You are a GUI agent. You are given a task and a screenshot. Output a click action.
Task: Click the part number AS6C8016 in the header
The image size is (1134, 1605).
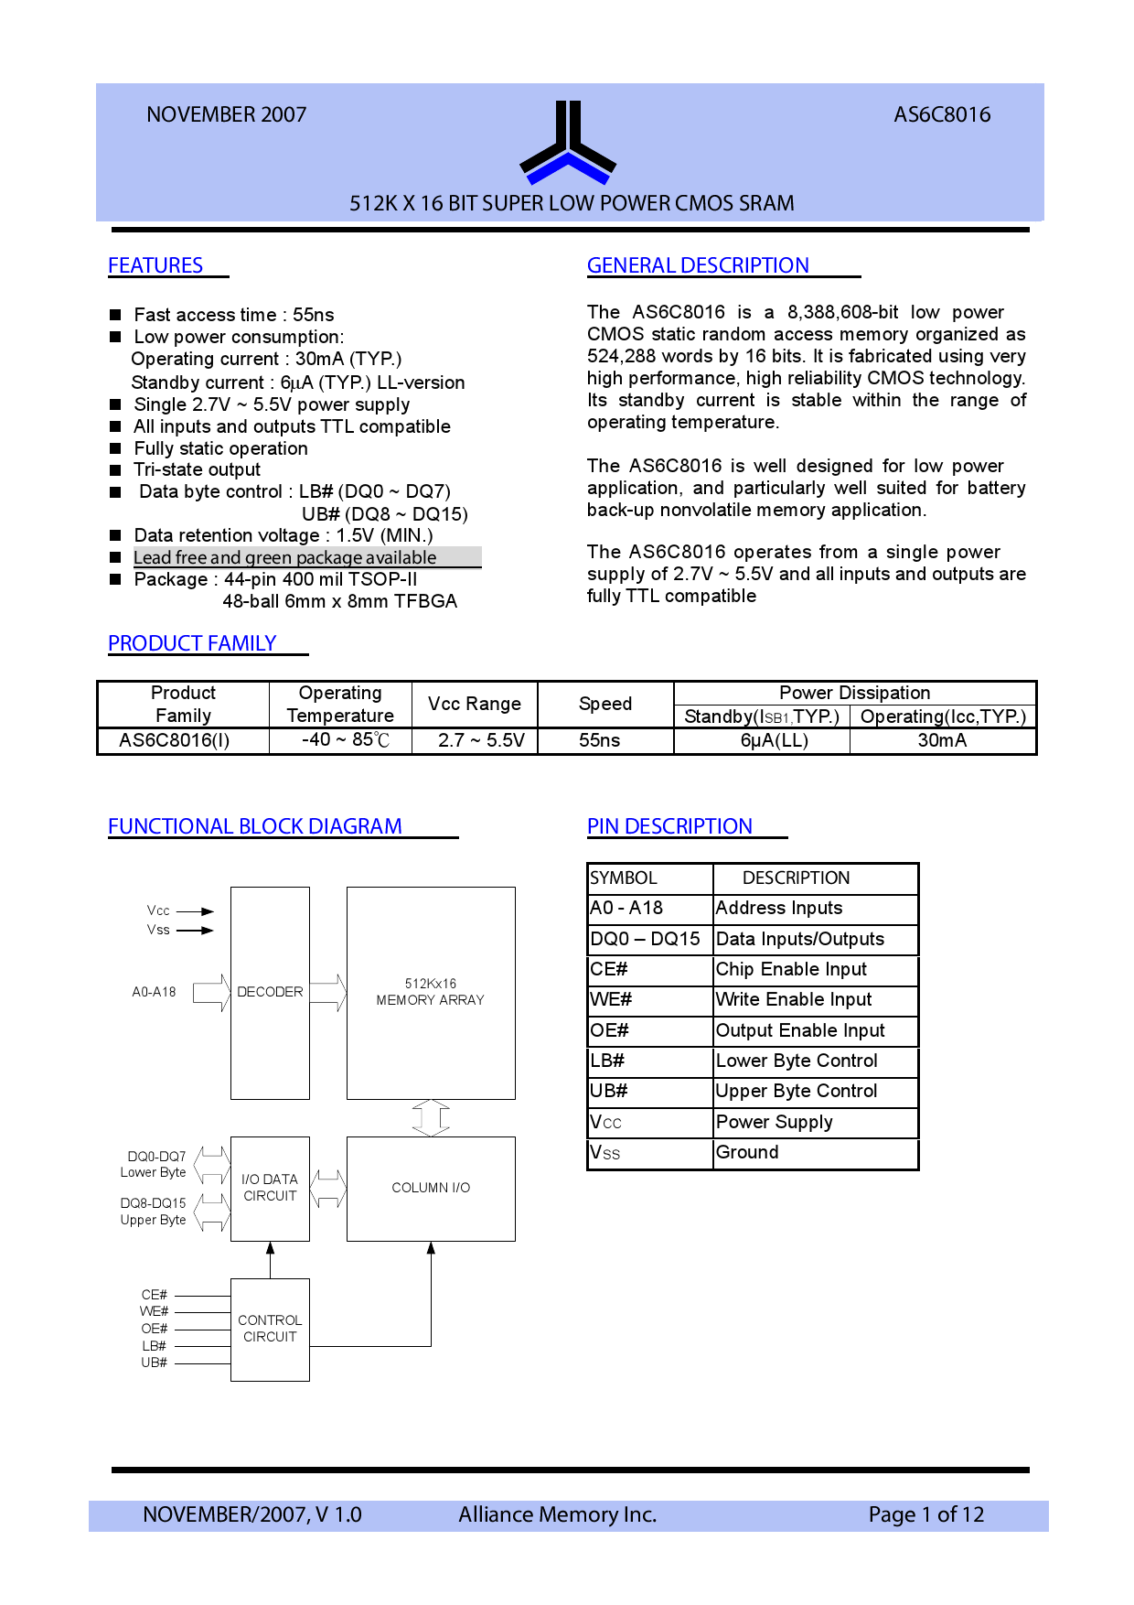pyautogui.click(x=942, y=115)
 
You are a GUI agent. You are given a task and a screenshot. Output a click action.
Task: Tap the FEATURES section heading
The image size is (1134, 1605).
pyautogui.click(x=155, y=265)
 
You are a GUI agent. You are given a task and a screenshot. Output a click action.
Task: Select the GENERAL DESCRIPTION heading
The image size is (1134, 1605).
pyautogui.click(x=698, y=265)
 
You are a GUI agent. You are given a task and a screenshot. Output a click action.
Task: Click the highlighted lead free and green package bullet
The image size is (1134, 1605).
pyautogui.click(x=285, y=557)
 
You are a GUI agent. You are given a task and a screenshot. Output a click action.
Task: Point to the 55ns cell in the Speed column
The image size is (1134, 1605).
pyautogui.click(x=600, y=740)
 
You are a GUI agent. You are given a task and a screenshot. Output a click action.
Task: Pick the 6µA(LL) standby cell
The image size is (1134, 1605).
pyautogui.click(x=774, y=740)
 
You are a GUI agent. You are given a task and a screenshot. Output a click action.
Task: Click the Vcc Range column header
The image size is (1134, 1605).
pyautogui.click(x=474, y=704)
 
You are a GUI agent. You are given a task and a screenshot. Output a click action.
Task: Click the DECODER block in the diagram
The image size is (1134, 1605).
pyautogui.click(x=270, y=992)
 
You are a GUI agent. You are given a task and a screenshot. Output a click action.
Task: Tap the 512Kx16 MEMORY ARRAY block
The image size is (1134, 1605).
pyautogui.click(x=430, y=992)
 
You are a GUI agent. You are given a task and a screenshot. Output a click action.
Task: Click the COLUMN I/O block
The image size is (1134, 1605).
pyautogui.click(x=431, y=1188)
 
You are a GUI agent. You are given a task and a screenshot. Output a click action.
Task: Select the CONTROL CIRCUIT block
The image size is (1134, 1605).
pyautogui.click(x=270, y=1329)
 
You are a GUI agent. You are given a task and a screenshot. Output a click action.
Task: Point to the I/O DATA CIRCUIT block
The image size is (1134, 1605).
pyautogui.click(x=270, y=1188)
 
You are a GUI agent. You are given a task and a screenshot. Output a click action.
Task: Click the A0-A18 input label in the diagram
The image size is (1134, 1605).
pyautogui.click(x=154, y=992)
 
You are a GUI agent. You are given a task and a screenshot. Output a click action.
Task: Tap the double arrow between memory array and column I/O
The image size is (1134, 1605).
pyautogui.click(x=431, y=1117)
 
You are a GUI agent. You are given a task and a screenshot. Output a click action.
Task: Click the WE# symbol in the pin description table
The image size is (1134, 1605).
pyautogui.click(x=611, y=1000)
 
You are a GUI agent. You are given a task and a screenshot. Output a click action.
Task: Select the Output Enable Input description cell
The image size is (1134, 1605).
pyautogui.click(x=800, y=1031)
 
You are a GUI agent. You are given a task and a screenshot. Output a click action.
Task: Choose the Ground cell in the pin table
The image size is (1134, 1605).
pyautogui.click(x=747, y=1153)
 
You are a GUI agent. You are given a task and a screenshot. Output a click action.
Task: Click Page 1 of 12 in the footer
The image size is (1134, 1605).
pyautogui.click(x=925, y=1514)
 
